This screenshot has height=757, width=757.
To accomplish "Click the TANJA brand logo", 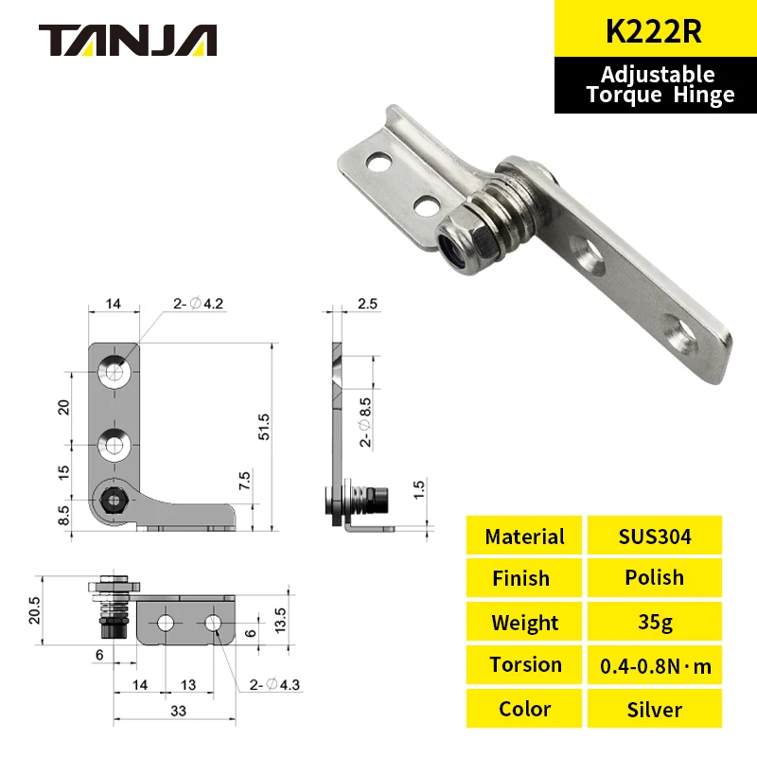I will point(128,40).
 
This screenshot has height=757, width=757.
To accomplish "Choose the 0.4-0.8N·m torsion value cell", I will point(654,665).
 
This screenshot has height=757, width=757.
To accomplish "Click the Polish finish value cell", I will point(654,577).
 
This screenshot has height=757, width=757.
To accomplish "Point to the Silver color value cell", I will point(654,709).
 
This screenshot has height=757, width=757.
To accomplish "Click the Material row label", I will point(524,537).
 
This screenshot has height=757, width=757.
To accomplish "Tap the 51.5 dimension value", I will point(265,427).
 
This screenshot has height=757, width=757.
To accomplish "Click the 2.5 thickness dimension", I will point(367,305).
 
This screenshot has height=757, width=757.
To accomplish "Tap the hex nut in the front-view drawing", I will point(114,498).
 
